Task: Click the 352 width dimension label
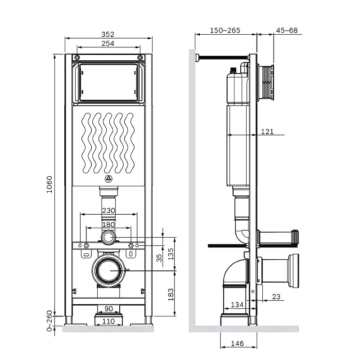pos(108,34)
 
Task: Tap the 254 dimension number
pos(108,43)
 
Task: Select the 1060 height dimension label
pos(49,184)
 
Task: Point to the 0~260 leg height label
pos(49,321)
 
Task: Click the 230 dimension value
pos(108,210)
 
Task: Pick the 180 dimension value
pos(108,225)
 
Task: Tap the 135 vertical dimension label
pos(171,254)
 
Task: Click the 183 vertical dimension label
pos(171,295)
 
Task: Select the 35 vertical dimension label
pos(159,257)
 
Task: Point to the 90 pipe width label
pos(108,309)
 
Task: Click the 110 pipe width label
pos(108,321)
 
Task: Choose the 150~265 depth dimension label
pos(225,30)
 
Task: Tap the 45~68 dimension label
pos(287,30)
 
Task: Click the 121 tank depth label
pos(267,131)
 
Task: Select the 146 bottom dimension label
pos(237,343)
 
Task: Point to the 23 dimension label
pos(276,297)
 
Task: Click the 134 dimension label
pos(237,305)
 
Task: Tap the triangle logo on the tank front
pos(108,179)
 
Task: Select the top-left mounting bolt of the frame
pos(77,57)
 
